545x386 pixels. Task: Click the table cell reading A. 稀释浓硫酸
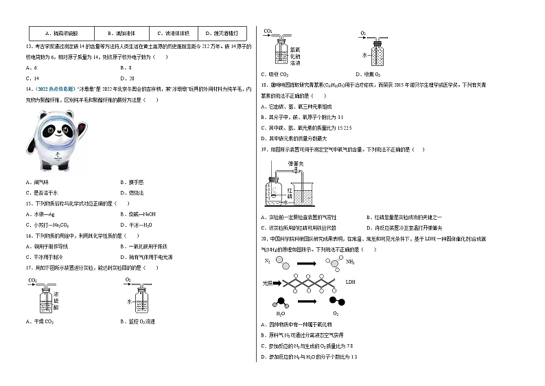(x=61, y=33)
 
